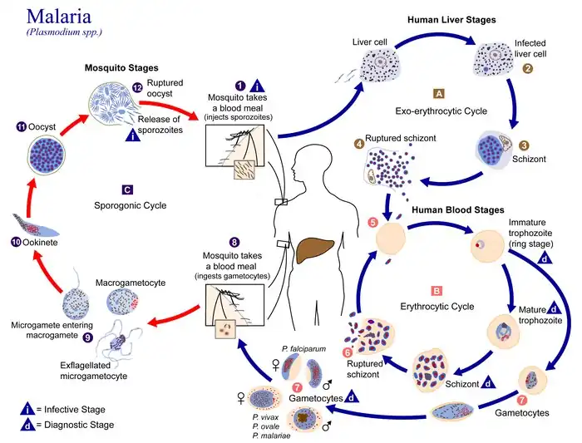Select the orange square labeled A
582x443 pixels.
pyautogui.click(x=439, y=92)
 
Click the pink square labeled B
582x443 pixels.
pyautogui.click(x=436, y=291)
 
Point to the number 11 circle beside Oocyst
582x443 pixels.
pyautogui.click(x=22, y=126)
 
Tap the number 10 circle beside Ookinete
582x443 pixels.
pyautogui.click(x=16, y=242)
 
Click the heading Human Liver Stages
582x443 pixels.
pyautogui.click(x=451, y=20)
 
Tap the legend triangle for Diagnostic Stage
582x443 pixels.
pyautogui.click(x=28, y=426)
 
